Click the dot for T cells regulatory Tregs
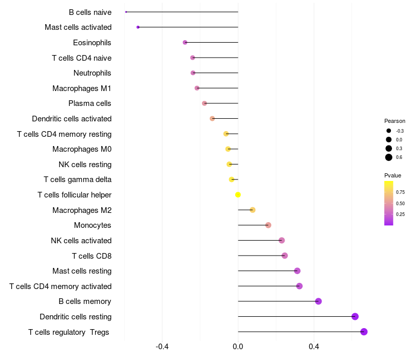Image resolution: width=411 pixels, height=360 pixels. click(x=364, y=332)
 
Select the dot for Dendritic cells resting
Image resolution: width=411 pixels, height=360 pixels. click(x=355, y=316)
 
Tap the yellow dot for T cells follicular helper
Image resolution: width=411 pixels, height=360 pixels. click(x=238, y=194)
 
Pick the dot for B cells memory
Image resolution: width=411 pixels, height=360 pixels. click(x=318, y=301)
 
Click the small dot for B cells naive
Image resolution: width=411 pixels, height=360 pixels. click(x=126, y=12)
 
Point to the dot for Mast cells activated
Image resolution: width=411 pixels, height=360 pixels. click(x=138, y=27)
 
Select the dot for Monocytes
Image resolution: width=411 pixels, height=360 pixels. click(x=268, y=225)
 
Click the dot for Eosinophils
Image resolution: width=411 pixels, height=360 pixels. click(x=185, y=42)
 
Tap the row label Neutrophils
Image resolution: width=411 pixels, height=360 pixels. click(x=92, y=73)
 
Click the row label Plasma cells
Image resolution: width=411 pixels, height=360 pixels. click(x=90, y=103)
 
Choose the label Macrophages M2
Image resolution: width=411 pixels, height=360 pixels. click(x=82, y=210)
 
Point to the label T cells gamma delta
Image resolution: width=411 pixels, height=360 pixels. click(x=78, y=179)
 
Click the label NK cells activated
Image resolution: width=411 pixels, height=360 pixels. click(x=81, y=240)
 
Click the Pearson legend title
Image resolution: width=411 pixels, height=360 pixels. click(x=395, y=121)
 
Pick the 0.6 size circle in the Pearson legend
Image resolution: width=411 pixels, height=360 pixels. click(x=389, y=157)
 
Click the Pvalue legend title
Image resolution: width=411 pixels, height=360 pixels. click(x=393, y=175)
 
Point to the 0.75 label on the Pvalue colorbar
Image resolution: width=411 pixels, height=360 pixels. click(x=400, y=192)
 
